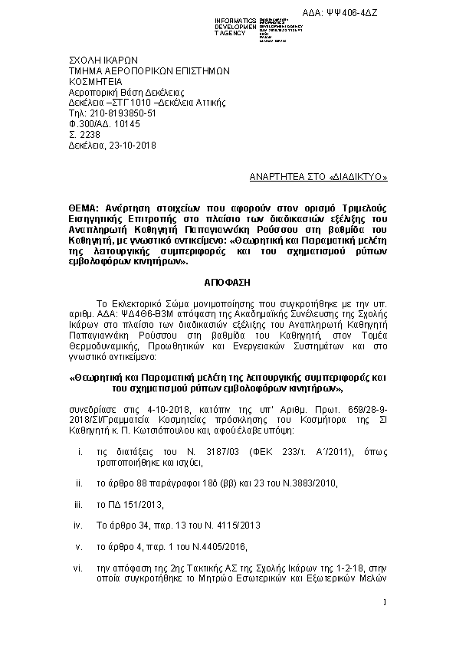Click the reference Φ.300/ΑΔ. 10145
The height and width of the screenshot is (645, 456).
105,123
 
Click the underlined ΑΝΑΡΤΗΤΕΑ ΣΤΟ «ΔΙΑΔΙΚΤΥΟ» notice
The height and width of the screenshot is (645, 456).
319,176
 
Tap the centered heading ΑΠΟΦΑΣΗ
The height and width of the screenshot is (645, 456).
228,281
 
